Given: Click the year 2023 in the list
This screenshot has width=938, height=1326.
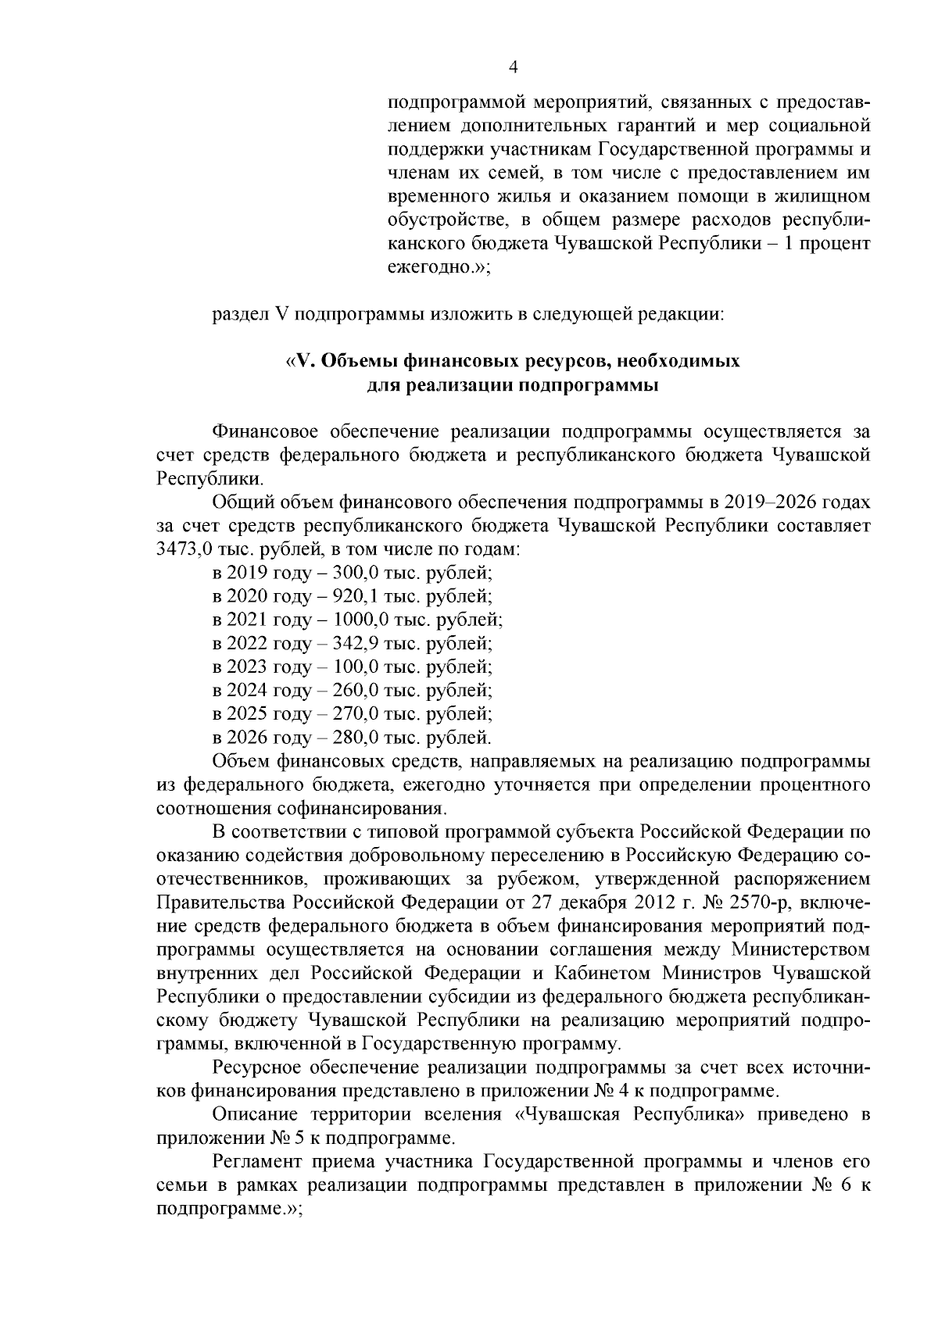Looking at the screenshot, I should tap(248, 667).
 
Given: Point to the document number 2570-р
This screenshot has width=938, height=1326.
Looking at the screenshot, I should tap(778, 902).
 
